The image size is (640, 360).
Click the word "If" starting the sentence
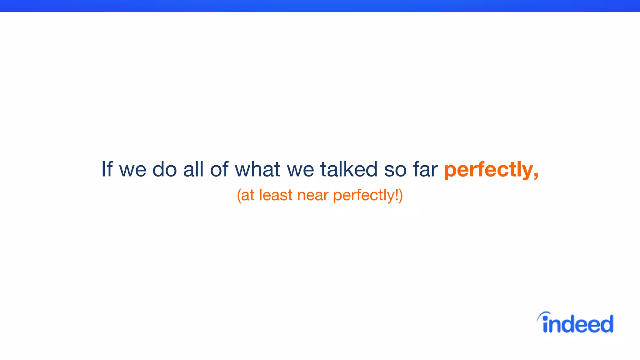pos(107,169)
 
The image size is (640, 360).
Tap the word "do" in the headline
pos(165,169)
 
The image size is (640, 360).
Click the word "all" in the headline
pos(193,169)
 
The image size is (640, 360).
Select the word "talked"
pos(349,169)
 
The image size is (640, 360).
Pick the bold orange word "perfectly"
pos(488,170)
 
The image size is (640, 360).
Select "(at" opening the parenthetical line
pos(246,195)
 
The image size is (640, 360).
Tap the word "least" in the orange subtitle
pos(276,195)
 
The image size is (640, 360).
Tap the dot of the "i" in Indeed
pos(545,318)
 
